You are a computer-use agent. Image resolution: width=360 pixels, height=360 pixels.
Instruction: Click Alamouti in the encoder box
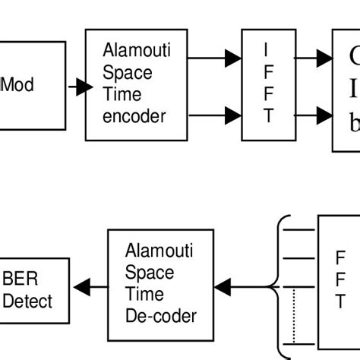[137, 52]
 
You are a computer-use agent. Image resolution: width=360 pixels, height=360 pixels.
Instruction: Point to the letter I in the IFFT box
[266, 50]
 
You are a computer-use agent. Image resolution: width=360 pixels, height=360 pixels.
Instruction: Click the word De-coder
[161, 315]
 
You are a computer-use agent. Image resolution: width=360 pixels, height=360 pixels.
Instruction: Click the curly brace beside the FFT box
[283, 287]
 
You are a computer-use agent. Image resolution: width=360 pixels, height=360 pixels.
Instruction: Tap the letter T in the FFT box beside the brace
[339, 302]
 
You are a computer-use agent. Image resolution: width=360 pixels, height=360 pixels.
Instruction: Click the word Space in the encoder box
[128, 74]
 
